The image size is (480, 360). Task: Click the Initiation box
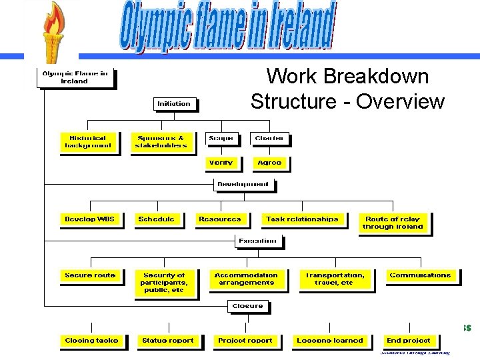(x=174, y=104)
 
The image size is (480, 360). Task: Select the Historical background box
(x=87, y=142)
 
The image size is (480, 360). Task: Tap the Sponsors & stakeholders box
(x=161, y=142)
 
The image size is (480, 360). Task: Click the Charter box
(x=269, y=139)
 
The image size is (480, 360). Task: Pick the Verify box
(x=221, y=163)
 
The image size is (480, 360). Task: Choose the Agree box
(x=269, y=163)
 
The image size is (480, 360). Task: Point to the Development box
(x=243, y=185)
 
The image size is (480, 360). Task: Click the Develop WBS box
(x=90, y=219)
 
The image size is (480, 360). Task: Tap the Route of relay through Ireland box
(x=393, y=223)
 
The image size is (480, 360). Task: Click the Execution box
(x=257, y=241)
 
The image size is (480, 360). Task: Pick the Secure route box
(x=90, y=275)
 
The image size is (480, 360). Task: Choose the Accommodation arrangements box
(x=246, y=279)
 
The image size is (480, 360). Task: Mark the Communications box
(x=420, y=275)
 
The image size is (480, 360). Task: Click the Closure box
(x=247, y=306)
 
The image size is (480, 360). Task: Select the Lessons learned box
(x=330, y=341)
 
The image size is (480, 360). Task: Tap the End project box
(x=409, y=341)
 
